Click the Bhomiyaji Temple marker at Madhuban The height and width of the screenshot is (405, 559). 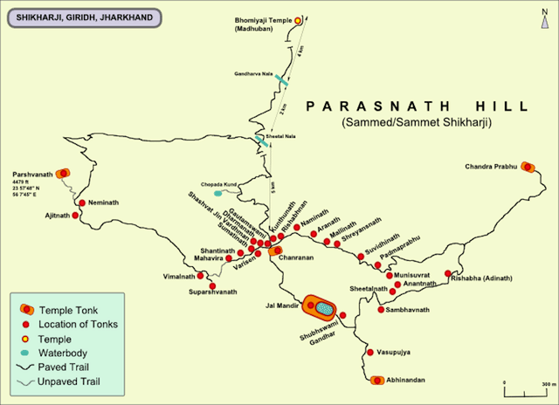pyautogui.click(x=298, y=19)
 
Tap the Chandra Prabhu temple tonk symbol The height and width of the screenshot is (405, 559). pyautogui.click(x=528, y=167)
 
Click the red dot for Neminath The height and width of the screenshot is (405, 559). pyautogui.click(x=81, y=203)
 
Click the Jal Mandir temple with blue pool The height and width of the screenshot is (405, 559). pyautogui.click(x=321, y=307)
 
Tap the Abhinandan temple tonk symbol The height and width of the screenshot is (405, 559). pyautogui.click(x=376, y=380)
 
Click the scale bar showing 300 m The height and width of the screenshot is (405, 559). pyautogui.click(x=528, y=386)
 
